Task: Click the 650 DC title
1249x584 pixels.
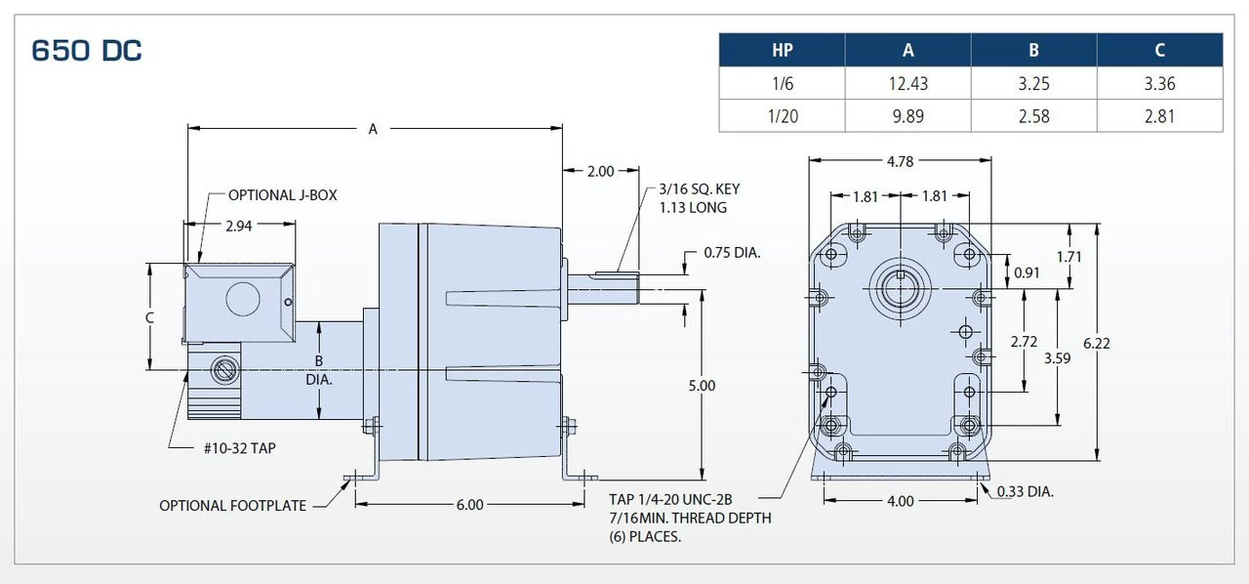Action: click(87, 51)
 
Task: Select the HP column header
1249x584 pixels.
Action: click(782, 51)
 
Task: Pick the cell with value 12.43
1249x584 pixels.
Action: click(907, 84)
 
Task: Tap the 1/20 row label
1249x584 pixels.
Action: click(782, 116)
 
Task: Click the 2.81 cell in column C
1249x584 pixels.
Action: click(1159, 116)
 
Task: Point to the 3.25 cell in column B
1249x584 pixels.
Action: click(1033, 84)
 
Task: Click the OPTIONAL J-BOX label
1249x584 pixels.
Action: click(282, 195)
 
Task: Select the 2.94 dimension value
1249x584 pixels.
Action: click(240, 227)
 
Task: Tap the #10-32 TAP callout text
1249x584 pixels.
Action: click(241, 448)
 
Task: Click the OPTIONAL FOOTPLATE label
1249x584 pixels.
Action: click(232, 506)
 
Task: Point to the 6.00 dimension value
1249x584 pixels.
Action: click(469, 505)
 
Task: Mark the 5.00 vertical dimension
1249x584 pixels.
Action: click(702, 386)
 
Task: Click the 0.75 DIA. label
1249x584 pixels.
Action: click(732, 253)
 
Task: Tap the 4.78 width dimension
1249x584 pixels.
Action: click(900, 161)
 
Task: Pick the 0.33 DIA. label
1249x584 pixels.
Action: click(1026, 491)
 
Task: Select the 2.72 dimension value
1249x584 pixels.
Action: click(1024, 342)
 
